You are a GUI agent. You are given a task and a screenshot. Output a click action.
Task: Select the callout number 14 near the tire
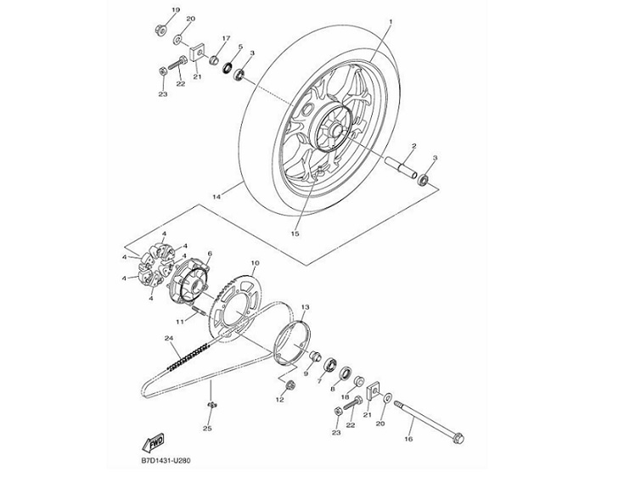216,197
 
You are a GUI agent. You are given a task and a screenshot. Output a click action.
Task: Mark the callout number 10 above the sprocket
255,264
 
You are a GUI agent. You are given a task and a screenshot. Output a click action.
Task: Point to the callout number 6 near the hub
209,254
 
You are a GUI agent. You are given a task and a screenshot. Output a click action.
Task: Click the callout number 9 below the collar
305,373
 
